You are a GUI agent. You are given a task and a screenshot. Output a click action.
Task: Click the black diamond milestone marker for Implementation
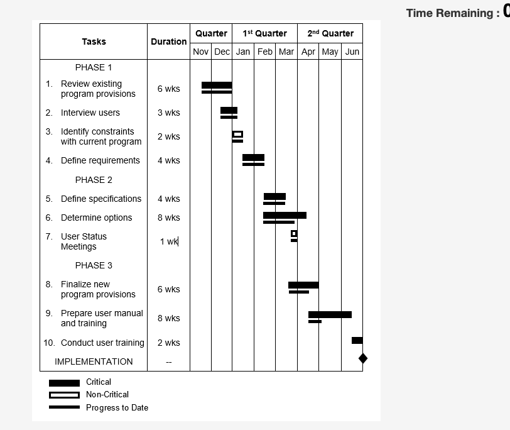[362, 358]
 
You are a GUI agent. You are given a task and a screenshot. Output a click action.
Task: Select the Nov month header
[201, 52]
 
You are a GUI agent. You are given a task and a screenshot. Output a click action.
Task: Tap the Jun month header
[352, 52]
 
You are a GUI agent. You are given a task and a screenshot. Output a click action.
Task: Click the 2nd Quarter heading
[330, 33]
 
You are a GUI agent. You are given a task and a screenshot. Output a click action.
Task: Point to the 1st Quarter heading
[264, 33]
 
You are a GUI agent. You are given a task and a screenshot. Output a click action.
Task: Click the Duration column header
[168, 41]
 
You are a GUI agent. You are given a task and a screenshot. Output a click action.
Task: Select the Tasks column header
[94, 41]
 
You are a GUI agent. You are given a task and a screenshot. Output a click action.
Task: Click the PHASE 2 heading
[94, 180]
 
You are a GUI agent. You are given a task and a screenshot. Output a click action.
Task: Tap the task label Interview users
[90, 113]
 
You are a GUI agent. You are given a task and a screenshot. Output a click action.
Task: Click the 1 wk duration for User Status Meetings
[169, 241]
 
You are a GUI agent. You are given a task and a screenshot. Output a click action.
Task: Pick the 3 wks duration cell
[168, 113]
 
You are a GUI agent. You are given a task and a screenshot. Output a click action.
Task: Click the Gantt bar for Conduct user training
[357, 340]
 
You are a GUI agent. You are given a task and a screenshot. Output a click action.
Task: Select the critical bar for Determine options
[285, 215]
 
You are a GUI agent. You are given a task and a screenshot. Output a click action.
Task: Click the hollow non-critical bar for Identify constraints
[237, 134]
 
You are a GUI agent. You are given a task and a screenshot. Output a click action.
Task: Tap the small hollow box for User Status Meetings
[294, 234]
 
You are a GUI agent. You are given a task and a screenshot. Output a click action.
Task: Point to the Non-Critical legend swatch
[64, 395]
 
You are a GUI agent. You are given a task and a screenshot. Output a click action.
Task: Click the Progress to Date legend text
[117, 407]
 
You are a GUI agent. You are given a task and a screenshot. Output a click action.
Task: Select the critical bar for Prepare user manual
[330, 314]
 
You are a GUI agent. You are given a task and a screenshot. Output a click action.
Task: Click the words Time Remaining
[448, 13]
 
